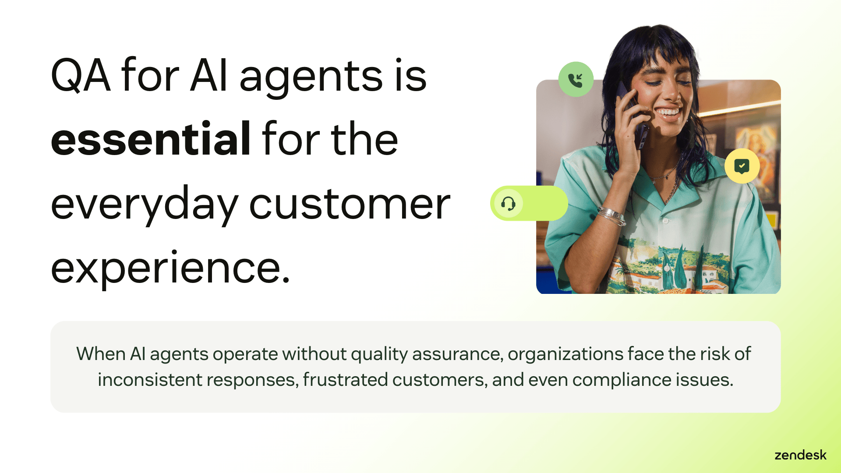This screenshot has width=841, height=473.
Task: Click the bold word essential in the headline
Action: pyautogui.click(x=151, y=139)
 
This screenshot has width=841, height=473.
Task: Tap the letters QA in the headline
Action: pyautogui.click(x=81, y=76)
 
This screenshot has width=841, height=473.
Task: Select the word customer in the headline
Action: pyautogui.click(x=350, y=204)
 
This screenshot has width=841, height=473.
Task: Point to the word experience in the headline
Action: pyautogui.click(x=171, y=268)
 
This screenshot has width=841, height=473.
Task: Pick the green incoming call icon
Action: pyautogui.click(x=576, y=80)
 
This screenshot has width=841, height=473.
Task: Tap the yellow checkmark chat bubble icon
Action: pyautogui.click(x=742, y=166)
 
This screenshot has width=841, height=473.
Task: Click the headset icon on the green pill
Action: pyautogui.click(x=508, y=204)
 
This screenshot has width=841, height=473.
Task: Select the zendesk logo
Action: pyautogui.click(x=800, y=455)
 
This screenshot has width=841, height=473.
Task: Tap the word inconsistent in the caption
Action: pyautogui.click(x=150, y=380)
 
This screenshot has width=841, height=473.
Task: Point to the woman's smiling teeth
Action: pyautogui.click(x=668, y=113)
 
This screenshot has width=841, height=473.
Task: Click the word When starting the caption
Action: pyautogui.click(x=101, y=354)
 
